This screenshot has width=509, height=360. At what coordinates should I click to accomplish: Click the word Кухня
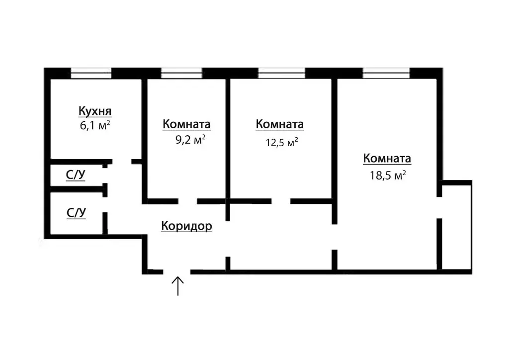pos(94,110)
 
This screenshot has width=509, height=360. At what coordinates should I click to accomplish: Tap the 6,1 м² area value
pos(94,126)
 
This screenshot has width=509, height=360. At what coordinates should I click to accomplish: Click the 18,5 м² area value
pos(387,175)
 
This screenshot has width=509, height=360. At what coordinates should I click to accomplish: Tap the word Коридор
pos(187,226)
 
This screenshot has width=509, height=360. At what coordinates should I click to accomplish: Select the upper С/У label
pos(76,175)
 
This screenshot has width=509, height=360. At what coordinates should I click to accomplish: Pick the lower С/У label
pos(77,213)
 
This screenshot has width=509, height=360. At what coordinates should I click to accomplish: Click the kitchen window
pos(90,74)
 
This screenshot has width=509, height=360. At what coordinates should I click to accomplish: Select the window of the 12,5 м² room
pos(281,74)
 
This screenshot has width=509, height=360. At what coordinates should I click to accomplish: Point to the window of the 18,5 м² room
pos(386,74)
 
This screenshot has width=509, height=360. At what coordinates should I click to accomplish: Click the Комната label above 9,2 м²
pos(186,124)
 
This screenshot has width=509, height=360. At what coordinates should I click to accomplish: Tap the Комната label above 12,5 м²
pos(279,124)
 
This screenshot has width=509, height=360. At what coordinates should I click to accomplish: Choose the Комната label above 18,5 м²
pos(387,159)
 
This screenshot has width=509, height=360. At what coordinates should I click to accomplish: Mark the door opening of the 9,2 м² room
pos(188,201)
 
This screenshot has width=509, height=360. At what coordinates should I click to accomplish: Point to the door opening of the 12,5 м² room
pos(281,201)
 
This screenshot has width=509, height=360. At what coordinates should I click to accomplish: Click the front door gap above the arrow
pos(176,271)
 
